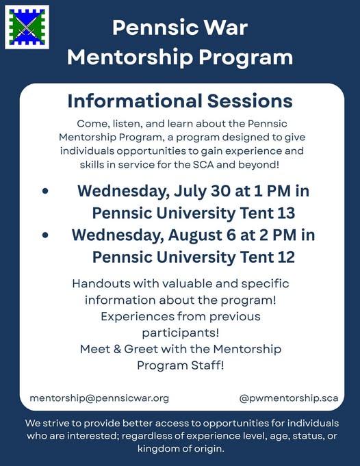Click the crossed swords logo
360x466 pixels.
(x=27, y=27)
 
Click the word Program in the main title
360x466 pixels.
(x=246, y=57)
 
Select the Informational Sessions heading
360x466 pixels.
(x=180, y=101)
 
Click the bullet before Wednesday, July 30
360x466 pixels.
(x=45, y=191)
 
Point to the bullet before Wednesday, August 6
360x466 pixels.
(x=45, y=235)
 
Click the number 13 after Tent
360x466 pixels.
(x=286, y=213)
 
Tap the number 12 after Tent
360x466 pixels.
(x=286, y=257)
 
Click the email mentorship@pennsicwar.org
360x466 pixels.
(x=99, y=398)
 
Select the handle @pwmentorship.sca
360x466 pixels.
(x=289, y=398)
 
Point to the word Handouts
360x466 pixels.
(x=101, y=283)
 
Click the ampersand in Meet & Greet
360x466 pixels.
(x=117, y=349)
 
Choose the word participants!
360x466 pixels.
(x=181, y=333)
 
